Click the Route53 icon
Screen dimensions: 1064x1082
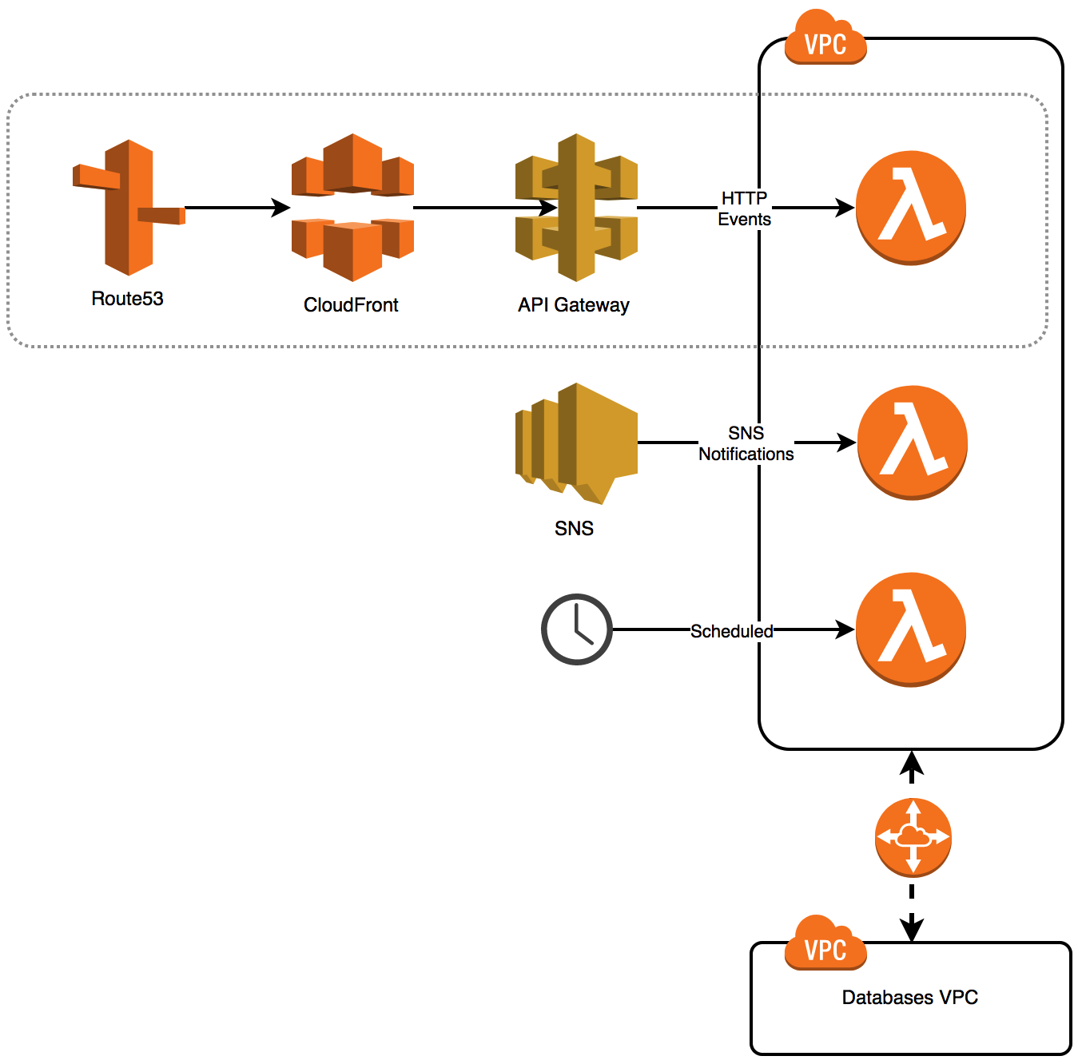[129, 208]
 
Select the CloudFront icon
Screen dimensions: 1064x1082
[352, 208]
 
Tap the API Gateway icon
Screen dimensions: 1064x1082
[576, 208]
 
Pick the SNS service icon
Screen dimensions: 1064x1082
[576, 443]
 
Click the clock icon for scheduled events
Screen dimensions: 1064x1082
[576, 629]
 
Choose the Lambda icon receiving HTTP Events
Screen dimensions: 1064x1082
[911, 208]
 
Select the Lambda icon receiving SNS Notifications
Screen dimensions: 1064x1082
[912, 443]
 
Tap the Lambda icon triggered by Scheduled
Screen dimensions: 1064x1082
[911, 629]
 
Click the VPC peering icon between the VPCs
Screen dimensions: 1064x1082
[913, 837]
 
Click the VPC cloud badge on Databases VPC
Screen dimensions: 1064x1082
[825, 944]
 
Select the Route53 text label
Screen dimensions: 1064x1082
[128, 299]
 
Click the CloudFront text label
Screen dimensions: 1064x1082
[351, 305]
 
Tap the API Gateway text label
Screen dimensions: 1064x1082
[574, 305]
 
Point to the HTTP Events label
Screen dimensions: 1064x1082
[745, 208]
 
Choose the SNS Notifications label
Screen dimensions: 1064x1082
[746, 443]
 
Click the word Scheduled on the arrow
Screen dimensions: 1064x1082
[732, 631]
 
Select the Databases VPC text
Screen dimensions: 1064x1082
[910, 998]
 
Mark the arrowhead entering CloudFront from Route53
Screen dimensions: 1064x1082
[281, 208]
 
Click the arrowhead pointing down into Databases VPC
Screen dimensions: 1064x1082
[912, 930]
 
